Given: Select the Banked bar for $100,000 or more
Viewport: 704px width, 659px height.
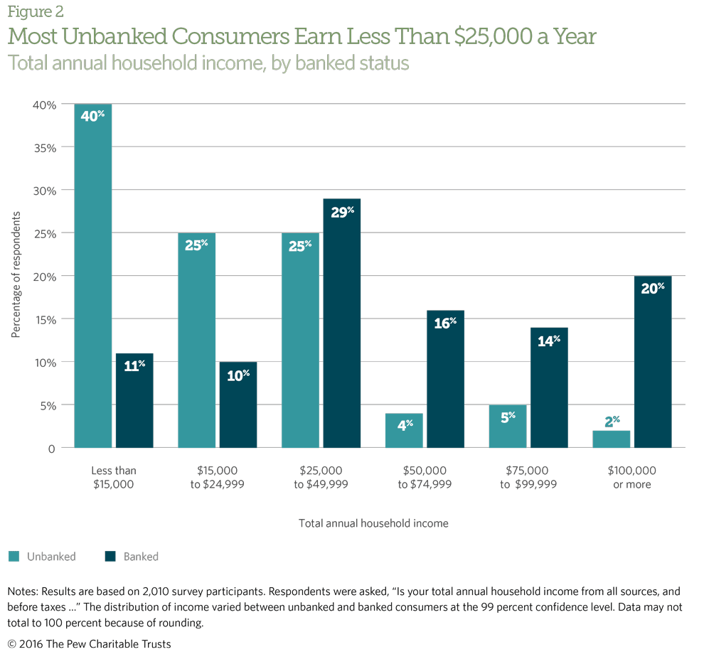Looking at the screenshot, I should (x=652, y=362).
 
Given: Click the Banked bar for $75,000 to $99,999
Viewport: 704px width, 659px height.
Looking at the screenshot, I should (x=549, y=387).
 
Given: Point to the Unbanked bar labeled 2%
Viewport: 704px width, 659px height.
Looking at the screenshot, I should (x=612, y=439).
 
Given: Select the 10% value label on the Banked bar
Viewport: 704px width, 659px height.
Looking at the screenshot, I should (x=238, y=374).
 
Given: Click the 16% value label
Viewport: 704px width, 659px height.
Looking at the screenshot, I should (x=446, y=323).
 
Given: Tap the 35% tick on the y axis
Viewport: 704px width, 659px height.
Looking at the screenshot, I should (x=45, y=147).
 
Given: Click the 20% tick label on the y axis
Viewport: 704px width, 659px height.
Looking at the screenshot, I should (x=45, y=276).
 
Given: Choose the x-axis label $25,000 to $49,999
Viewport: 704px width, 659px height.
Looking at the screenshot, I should (x=321, y=477).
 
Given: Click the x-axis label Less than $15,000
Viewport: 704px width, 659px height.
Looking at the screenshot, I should (x=114, y=477).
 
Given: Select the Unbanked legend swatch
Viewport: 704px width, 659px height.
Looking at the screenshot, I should (x=14, y=557).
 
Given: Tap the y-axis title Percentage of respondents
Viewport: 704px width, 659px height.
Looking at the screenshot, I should (x=15, y=274).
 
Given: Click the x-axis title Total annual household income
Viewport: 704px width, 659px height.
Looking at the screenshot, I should (x=373, y=523).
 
